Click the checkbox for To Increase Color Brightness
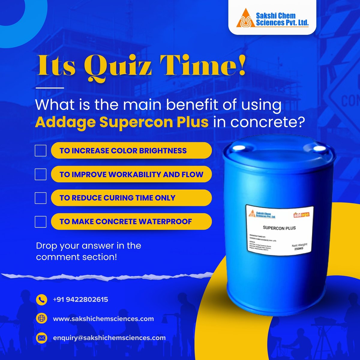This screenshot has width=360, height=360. point(40,151)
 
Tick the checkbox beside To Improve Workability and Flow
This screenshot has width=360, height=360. point(40,174)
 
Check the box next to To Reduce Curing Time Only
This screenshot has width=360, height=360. point(40,198)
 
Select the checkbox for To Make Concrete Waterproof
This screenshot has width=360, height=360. point(40,222)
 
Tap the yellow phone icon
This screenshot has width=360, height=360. point(41,299)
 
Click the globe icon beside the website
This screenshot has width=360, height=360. point(41,319)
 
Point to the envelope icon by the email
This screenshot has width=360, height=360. point(41,338)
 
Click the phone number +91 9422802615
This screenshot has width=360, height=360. point(80,299)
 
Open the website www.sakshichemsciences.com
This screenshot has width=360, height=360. point(103,319)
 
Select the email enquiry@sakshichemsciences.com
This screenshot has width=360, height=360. point(109,338)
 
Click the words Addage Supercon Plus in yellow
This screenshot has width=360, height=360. point(122,123)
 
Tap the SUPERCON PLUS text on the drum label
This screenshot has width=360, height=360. point(279,228)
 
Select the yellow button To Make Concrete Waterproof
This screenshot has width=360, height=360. point(131,222)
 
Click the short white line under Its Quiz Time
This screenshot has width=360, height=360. point(50,88)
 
